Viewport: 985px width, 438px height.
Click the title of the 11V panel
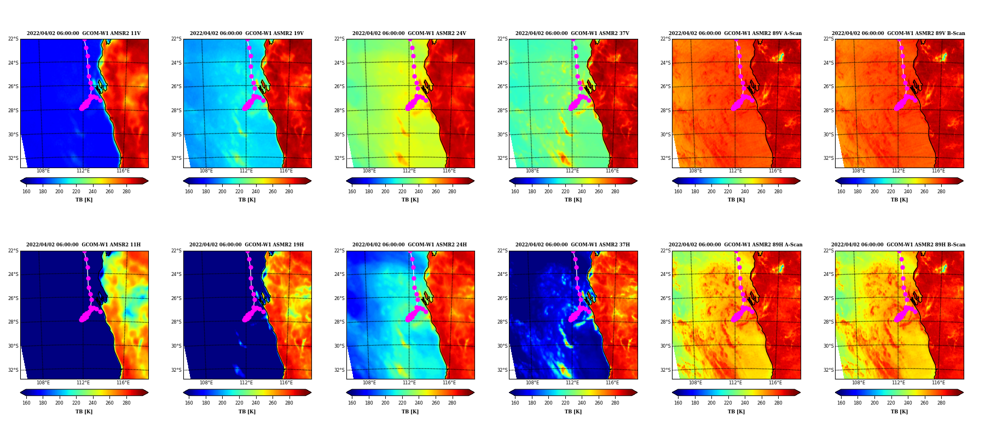[x=84, y=33]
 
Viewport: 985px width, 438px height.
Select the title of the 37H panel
[x=572, y=245]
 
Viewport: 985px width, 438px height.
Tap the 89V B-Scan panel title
[x=899, y=33]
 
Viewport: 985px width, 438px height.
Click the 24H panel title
[x=409, y=245]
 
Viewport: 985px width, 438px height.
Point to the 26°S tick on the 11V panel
[x=13, y=87]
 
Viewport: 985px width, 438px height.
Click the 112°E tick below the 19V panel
[x=246, y=171]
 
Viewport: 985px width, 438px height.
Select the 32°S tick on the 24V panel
[x=339, y=158]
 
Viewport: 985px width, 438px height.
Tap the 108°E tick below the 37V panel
[x=532, y=171]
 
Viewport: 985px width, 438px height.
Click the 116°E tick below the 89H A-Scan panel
[x=775, y=383]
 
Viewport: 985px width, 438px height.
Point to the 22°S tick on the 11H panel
[x=13, y=251]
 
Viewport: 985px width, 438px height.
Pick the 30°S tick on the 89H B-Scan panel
[x=828, y=346]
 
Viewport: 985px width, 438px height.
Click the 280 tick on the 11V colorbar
[x=126, y=192]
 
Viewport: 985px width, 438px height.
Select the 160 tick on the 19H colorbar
[x=189, y=403]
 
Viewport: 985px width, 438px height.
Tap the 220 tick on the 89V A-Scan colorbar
[x=728, y=192]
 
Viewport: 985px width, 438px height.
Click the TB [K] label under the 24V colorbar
[x=410, y=200]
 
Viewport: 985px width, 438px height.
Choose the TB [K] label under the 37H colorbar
[x=573, y=412]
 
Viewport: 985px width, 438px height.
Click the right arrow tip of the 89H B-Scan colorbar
[x=964, y=393]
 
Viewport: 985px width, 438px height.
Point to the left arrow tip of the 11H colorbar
[x=20, y=393]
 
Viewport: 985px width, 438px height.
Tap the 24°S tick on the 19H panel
[x=176, y=274]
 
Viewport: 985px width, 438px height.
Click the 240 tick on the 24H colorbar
[x=419, y=403]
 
